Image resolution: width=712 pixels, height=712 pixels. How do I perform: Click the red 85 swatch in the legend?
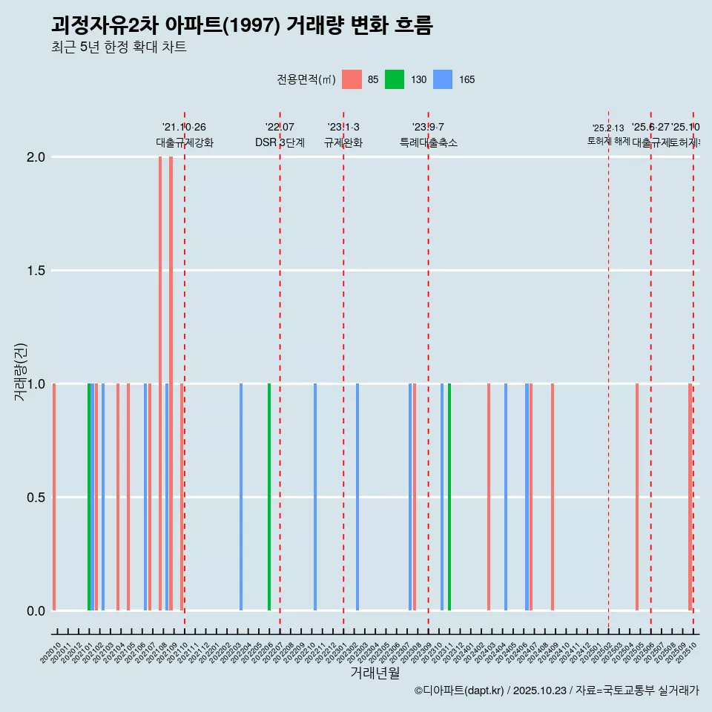click(x=352, y=79)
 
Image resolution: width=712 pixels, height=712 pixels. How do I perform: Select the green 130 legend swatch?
click(x=395, y=79)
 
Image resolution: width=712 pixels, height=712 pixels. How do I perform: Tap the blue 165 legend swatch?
click(x=442, y=79)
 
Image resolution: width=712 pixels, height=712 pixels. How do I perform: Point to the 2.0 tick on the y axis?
click(x=36, y=157)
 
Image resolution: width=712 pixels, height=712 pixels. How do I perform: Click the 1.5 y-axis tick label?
click(x=36, y=271)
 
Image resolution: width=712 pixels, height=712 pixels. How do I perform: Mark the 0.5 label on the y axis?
click(x=36, y=498)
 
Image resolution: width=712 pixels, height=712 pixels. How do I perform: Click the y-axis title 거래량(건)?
click(x=21, y=372)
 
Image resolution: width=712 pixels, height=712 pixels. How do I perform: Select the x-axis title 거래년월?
click(x=375, y=673)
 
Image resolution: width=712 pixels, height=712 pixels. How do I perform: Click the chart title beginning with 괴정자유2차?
click(x=242, y=25)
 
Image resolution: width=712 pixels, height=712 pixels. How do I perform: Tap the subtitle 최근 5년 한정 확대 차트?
click(x=119, y=47)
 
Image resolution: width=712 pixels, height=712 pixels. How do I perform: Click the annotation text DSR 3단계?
click(x=280, y=142)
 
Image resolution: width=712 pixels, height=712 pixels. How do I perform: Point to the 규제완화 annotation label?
click(x=343, y=142)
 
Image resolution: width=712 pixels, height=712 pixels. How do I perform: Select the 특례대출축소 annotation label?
click(x=428, y=142)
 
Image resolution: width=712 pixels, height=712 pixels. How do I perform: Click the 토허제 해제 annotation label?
click(x=608, y=140)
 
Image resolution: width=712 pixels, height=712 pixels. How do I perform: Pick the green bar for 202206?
click(x=269, y=497)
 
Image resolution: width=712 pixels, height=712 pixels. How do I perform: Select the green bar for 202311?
click(x=449, y=497)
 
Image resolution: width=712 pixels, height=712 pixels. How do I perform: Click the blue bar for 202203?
click(x=241, y=497)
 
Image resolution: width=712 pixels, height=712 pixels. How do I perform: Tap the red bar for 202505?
click(x=636, y=497)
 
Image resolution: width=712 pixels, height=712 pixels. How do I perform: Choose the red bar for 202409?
click(x=553, y=497)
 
